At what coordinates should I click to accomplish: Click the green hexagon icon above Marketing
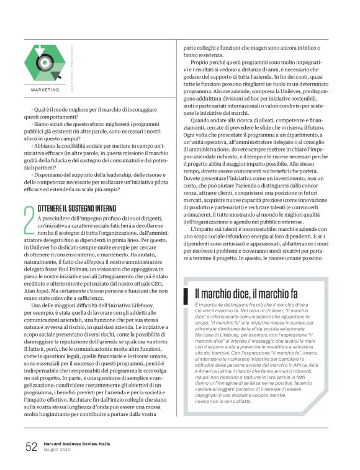pyautogui.click(x=43, y=63)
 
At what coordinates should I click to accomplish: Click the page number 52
pyautogui.click(x=31, y=446)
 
